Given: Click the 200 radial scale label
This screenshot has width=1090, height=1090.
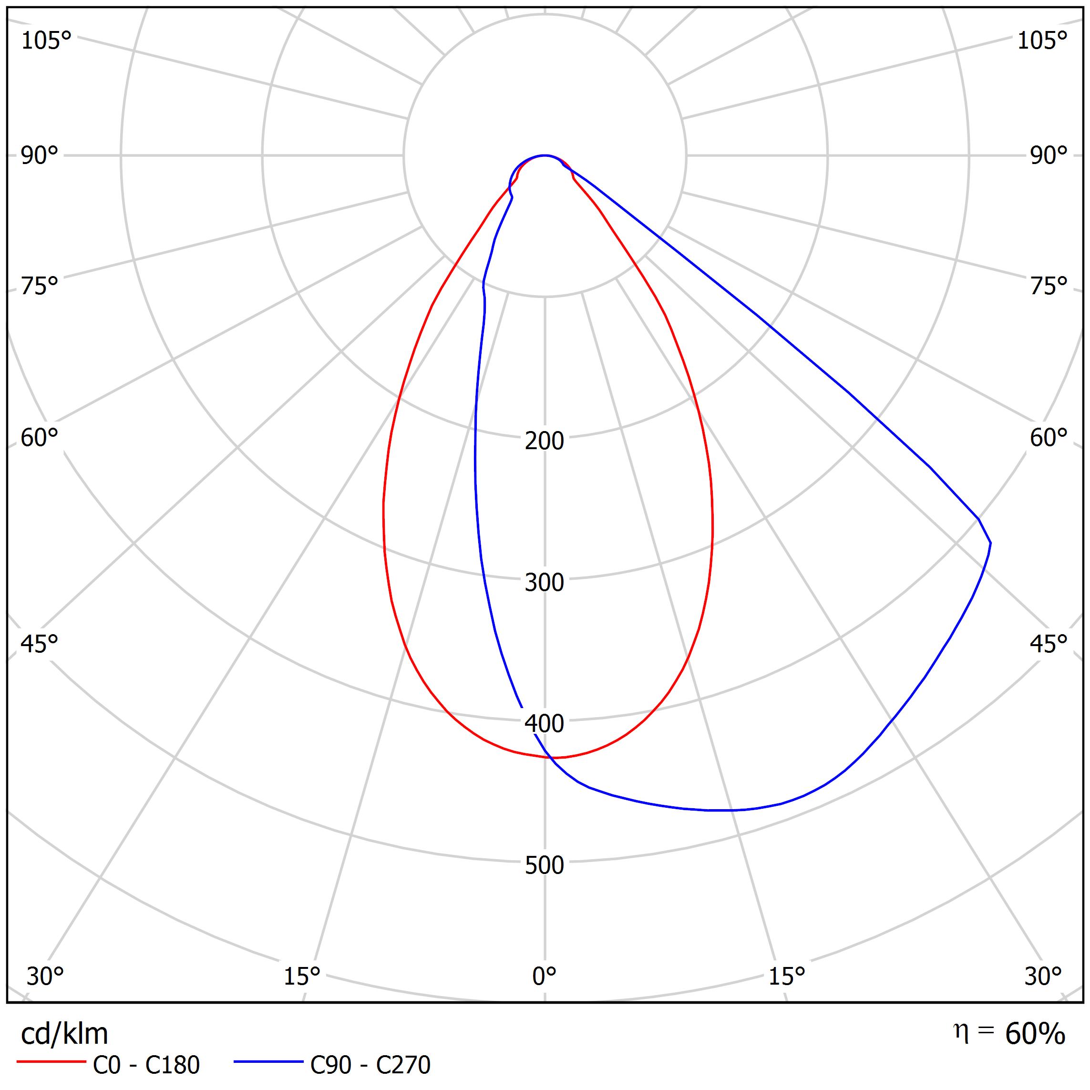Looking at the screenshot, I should [544, 441].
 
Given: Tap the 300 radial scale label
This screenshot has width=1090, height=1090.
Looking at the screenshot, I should [544, 583].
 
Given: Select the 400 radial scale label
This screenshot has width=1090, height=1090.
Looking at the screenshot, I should [544, 724].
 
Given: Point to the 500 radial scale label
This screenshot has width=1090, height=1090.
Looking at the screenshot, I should [544, 865].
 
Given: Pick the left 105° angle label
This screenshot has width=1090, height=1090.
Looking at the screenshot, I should [46, 41].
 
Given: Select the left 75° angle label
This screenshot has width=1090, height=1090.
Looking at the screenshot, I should [40, 286].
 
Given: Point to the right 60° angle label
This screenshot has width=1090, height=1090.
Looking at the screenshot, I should [1049, 438].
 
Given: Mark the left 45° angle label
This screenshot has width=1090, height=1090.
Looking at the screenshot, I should [40, 644].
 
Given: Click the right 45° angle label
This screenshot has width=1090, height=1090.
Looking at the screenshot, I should [1049, 644].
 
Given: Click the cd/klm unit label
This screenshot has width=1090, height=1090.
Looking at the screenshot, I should [64, 1034].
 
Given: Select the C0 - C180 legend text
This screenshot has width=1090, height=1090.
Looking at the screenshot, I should [146, 1065].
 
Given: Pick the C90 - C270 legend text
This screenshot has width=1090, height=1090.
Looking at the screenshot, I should [370, 1065].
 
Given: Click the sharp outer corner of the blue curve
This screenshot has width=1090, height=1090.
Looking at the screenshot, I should [990, 543].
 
